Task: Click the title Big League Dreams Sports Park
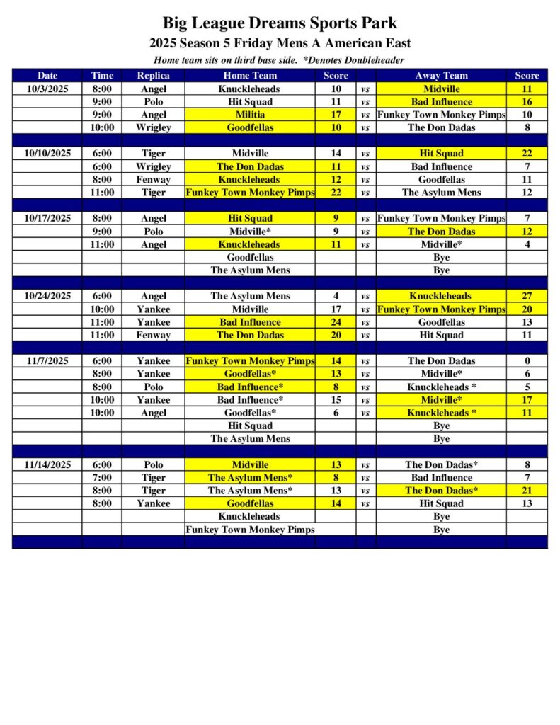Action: (280, 23)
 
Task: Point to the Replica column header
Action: (153, 76)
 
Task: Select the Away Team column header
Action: (441, 76)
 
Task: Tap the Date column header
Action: (47, 76)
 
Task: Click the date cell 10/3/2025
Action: (47, 89)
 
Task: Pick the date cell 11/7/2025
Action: (47, 361)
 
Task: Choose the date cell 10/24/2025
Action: (47, 297)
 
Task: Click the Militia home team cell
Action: (250, 115)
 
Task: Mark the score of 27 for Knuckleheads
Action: (527, 297)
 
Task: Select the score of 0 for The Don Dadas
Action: (527, 361)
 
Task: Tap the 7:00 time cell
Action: (102, 478)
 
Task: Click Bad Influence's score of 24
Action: (336, 322)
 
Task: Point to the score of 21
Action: (527, 491)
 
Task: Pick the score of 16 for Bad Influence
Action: (527, 102)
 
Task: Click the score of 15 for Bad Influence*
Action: (336, 400)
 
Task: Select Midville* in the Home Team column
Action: (250, 232)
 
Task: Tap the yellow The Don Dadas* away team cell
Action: (441, 491)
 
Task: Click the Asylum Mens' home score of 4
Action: (336, 297)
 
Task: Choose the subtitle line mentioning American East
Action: (280, 44)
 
